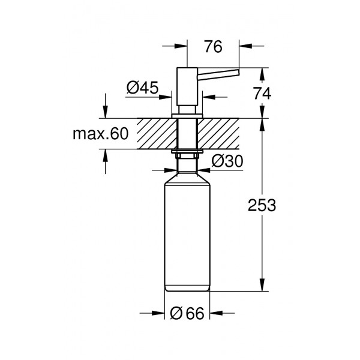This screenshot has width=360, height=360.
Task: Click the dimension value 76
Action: (x=213, y=47)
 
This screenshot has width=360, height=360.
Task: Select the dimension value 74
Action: (x=262, y=94)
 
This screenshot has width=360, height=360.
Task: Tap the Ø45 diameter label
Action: (x=143, y=88)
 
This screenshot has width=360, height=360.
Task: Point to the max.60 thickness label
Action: (x=101, y=134)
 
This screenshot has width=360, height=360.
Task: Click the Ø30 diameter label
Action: (x=227, y=161)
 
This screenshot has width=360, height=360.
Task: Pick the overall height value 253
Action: (x=262, y=205)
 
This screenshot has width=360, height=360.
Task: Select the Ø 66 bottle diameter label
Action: (x=187, y=313)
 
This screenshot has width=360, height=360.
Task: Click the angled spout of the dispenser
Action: (x=218, y=74)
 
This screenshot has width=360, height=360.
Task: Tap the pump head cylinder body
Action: (x=187, y=86)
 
